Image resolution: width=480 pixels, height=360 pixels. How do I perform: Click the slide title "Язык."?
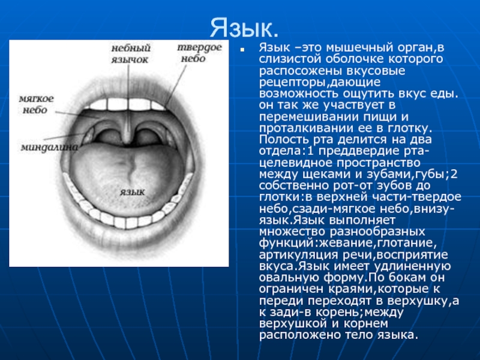[244, 28]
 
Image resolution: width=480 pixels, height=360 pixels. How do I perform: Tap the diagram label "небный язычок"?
[131, 53]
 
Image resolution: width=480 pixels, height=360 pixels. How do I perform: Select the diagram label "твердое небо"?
[199, 53]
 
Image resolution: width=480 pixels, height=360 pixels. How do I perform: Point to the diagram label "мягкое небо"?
[36, 104]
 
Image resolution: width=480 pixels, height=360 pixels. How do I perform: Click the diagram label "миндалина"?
[49, 147]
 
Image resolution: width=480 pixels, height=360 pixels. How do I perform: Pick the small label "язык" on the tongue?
[132, 192]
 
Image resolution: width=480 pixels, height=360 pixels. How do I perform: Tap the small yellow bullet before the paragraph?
[242, 49]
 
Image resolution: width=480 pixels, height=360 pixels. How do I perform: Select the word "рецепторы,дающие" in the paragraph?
[320, 82]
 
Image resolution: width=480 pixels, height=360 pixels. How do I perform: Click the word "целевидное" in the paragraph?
[291, 163]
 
